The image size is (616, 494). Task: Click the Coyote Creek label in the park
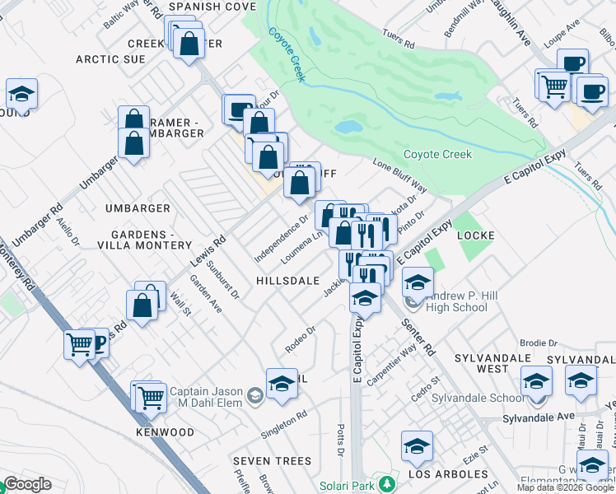pos(437,154)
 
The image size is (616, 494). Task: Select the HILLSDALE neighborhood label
pos(287,281)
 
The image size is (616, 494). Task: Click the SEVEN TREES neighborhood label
pos(272,460)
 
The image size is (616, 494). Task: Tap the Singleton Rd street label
pos(283,422)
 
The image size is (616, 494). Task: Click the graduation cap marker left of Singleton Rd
pos(282,384)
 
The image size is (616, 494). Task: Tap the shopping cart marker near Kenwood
pos(151,398)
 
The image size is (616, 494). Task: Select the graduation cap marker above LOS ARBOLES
pos(417,446)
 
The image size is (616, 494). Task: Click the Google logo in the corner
pos(27,484)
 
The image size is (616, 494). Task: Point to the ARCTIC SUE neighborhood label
pos(110,59)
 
